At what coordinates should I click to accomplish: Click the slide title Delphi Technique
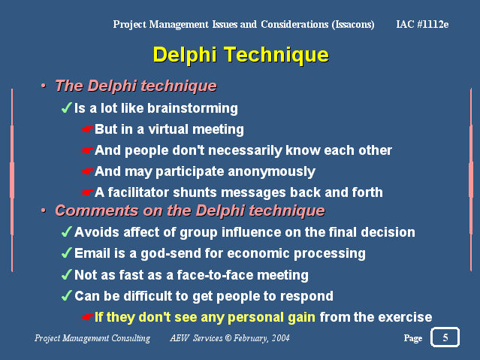point(240,55)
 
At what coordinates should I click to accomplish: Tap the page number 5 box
point(445,337)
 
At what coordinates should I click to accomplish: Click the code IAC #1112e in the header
point(422,24)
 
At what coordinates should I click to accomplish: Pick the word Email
point(92,253)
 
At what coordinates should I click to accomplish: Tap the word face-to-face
point(225,274)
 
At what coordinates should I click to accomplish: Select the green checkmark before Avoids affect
point(66,232)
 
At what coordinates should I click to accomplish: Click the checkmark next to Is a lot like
point(66,108)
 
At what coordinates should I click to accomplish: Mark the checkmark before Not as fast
point(66,274)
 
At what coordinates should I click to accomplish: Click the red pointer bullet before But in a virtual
point(88,129)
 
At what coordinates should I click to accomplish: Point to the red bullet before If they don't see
point(88,317)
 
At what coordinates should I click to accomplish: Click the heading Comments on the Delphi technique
point(189,210)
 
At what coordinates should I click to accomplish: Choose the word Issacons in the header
point(352,24)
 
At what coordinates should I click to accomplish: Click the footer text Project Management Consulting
point(92,338)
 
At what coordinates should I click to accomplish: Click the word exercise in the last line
point(406,317)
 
